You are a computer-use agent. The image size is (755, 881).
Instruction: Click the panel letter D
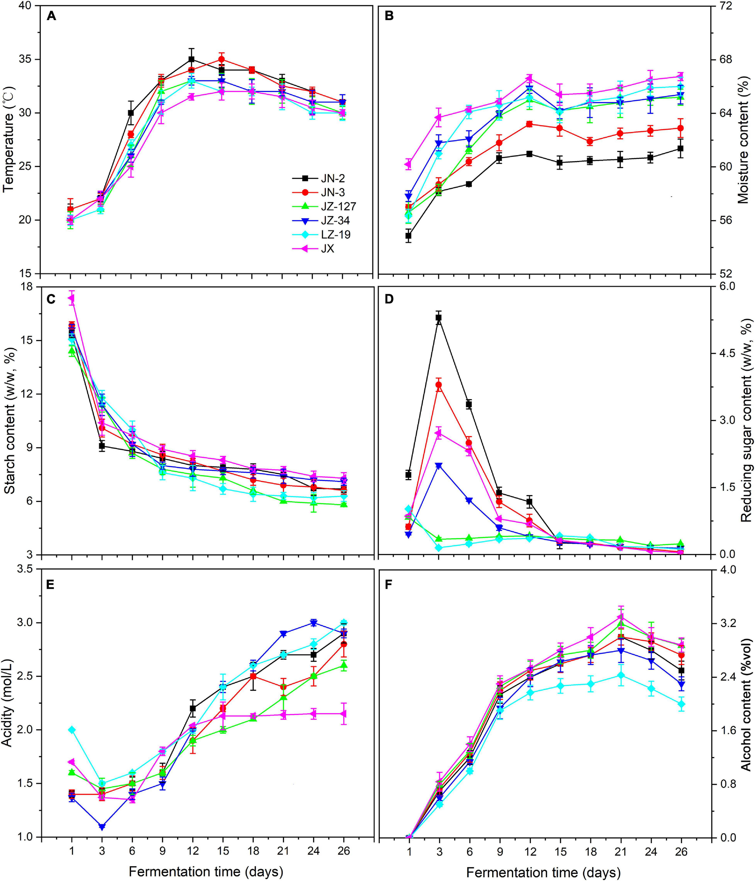coord(390,299)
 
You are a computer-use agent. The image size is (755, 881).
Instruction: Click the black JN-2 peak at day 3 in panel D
coord(439,318)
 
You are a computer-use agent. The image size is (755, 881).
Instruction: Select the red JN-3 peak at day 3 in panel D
coord(439,385)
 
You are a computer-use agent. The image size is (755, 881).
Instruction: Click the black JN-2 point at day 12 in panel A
coord(192,59)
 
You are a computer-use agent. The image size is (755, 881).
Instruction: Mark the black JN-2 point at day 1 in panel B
coord(409,235)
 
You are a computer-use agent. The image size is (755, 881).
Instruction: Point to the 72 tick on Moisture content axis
coord(722,6)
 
